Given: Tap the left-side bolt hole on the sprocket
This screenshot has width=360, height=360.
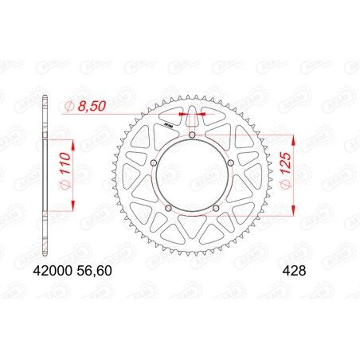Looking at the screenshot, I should pyautogui.click(x=154, y=165).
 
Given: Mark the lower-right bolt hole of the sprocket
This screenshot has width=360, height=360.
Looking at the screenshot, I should pyautogui.click(x=217, y=209).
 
